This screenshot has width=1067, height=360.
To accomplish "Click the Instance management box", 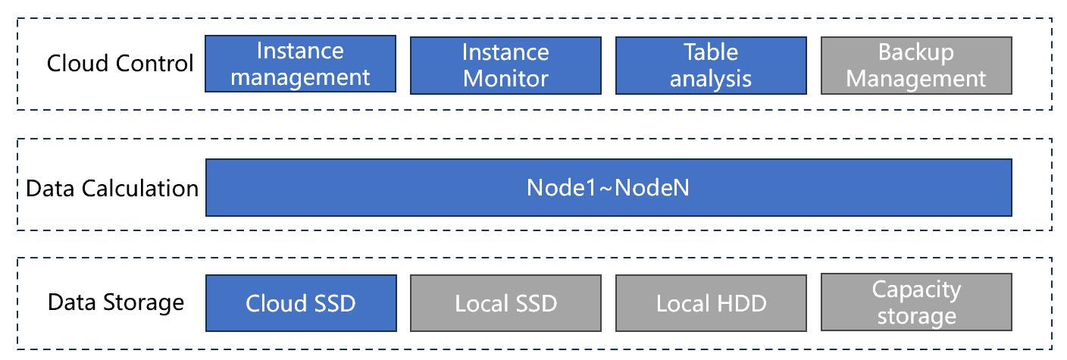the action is [x=300, y=64].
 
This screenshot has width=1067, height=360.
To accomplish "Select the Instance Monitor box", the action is [x=506, y=66].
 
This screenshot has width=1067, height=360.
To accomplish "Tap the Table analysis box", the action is [x=711, y=66].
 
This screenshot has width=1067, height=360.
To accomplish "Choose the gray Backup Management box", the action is [x=916, y=66].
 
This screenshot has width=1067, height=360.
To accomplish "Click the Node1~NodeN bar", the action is [x=609, y=188].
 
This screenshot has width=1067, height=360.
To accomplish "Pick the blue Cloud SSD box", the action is [x=301, y=303].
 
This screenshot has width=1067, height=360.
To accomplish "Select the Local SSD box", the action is [x=506, y=303].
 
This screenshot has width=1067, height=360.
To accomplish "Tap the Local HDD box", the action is [x=711, y=303].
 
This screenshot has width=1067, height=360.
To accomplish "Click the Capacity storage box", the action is [x=916, y=302].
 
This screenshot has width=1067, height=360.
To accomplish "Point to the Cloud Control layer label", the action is [x=120, y=64].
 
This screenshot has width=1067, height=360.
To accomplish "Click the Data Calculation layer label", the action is [x=112, y=189].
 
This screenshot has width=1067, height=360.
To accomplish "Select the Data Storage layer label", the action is [x=116, y=303].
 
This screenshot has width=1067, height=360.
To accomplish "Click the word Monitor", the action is [x=506, y=79].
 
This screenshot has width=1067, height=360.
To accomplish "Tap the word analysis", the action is [x=711, y=79].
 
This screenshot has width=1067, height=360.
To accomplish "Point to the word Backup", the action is [x=916, y=53].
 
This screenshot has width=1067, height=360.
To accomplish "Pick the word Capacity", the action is [x=916, y=290].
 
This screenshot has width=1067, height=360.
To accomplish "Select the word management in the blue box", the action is [x=300, y=77].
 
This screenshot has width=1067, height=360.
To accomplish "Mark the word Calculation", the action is [x=140, y=189].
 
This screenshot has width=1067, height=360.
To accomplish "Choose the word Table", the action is [x=711, y=52].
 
